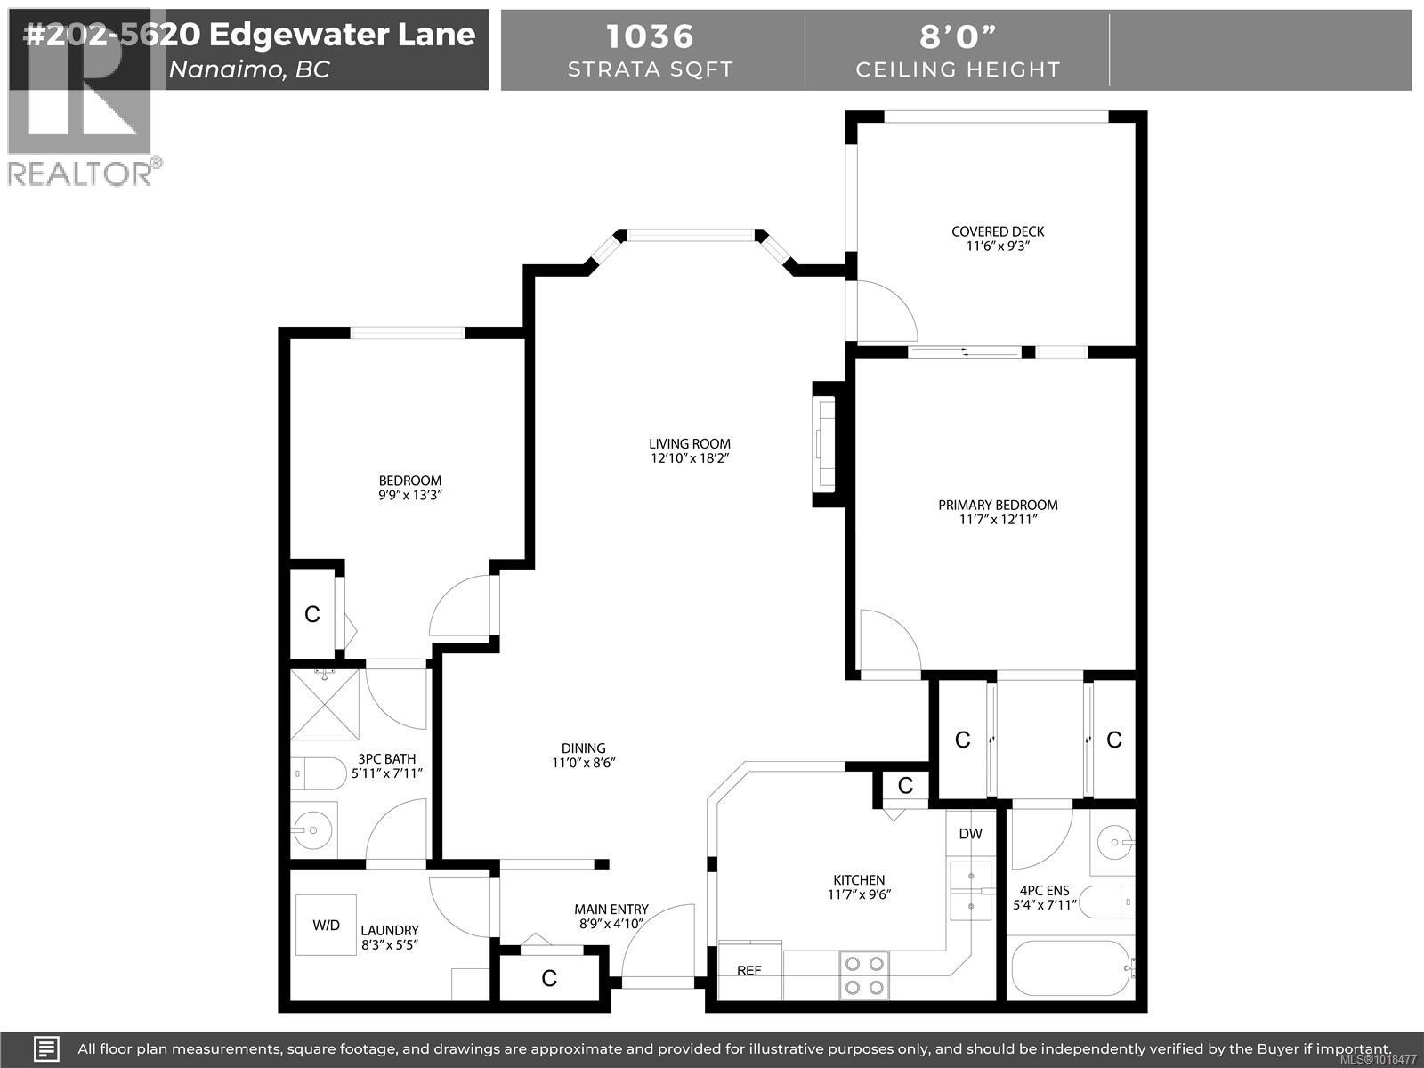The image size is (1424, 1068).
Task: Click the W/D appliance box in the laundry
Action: point(326,925)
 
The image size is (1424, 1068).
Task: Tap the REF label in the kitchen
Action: point(749,970)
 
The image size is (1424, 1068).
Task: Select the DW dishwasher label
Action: point(970,834)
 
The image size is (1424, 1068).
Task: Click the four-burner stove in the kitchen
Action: point(864,974)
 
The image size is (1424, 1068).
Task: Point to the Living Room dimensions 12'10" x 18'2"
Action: point(690,458)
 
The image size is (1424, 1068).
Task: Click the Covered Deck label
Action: point(998,231)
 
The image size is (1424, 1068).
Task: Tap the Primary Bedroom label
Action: point(998,505)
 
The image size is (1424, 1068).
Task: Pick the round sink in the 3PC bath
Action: point(312,831)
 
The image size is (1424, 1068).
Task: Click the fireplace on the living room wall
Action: point(825,444)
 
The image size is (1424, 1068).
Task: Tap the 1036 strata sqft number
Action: point(650,36)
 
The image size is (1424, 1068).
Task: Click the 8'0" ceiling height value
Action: point(958,36)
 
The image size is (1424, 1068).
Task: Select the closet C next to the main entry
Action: point(549,979)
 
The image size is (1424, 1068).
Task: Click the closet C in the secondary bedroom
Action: point(311,614)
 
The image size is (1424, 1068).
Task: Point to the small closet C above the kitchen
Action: point(905,785)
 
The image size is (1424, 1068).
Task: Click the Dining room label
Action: point(583,748)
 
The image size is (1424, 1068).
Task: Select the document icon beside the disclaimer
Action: point(47,1048)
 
